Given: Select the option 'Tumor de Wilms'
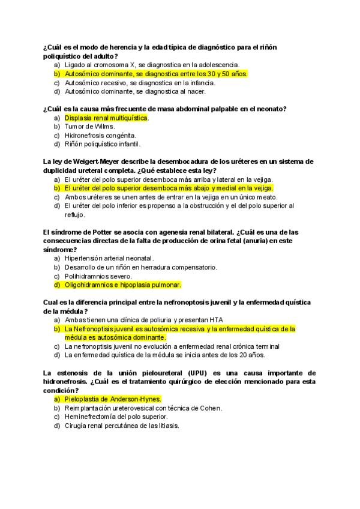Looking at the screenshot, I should pos(90,127).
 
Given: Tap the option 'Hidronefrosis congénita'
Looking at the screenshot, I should pos(100,136).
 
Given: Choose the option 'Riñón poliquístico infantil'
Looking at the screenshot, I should pos(103,144).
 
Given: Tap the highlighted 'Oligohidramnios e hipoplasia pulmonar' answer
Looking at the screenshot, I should pos(122,285).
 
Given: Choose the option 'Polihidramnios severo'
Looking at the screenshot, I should pos(97,276).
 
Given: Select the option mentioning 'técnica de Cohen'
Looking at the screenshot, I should pos(143,408).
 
